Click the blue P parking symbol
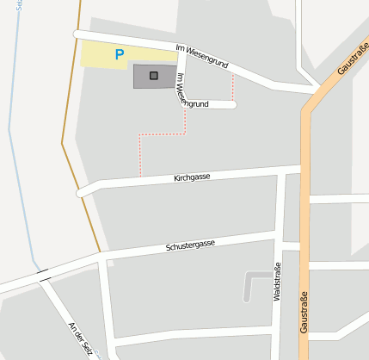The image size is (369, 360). tap(120, 54)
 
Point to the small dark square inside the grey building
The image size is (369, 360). tap(154, 76)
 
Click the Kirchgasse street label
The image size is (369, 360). tap(191, 177)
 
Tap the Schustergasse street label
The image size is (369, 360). tap(190, 245)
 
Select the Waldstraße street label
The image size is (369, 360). tap(277, 282)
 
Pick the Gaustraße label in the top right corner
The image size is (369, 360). tap(352, 57)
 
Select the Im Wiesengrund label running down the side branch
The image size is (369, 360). tap(181, 89)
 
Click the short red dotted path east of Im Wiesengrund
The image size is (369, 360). tap(232, 86)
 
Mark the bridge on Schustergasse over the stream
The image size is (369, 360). tap(43, 276)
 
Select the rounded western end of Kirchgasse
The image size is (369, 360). tap(82, 192)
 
